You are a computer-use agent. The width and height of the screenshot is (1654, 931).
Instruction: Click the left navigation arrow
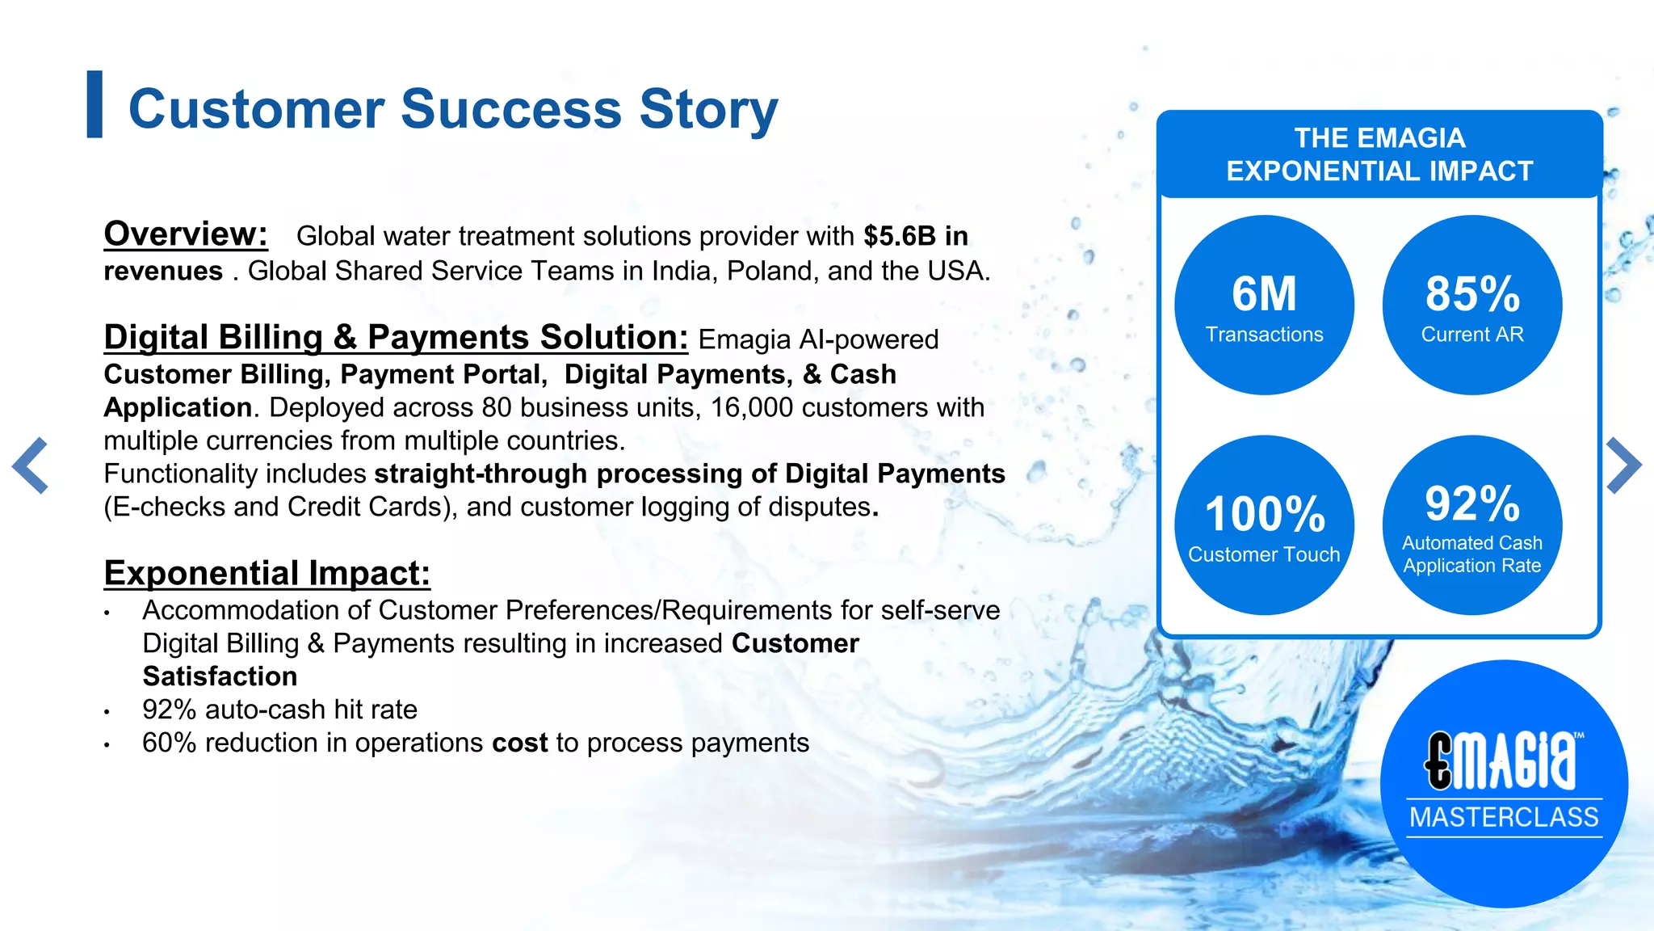coord(31,465)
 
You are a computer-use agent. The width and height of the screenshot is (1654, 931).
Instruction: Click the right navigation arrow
coord(1623,465)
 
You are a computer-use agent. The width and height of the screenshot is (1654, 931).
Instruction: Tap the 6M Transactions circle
coord(1264,305)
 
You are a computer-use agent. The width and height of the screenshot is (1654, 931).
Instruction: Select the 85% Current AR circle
coord(1471,305)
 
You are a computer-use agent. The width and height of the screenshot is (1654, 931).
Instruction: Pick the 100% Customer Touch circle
coord(1264,525)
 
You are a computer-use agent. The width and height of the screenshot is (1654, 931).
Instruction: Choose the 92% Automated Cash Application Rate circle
coord(1471,525)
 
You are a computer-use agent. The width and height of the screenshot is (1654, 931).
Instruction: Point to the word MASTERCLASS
coord(1504,817)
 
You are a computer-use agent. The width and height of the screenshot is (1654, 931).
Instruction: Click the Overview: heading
coord(186,234)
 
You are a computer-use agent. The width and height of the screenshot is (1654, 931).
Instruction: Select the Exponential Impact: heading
coord(267,574)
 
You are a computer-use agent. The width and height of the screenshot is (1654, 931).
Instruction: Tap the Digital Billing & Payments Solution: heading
coord(396,338)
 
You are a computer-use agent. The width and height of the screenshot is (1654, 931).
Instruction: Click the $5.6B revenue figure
coord(899,236)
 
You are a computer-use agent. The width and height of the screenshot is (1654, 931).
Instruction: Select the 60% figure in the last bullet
coord(169,743)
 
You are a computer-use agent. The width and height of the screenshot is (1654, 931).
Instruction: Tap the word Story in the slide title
coord(708,109)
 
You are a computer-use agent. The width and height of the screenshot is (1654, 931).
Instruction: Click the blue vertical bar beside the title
coord(94,104)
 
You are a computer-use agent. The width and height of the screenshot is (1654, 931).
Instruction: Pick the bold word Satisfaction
coord(220,676)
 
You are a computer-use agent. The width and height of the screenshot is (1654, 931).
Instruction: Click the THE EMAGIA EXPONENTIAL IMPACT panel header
coord(1379,154)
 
